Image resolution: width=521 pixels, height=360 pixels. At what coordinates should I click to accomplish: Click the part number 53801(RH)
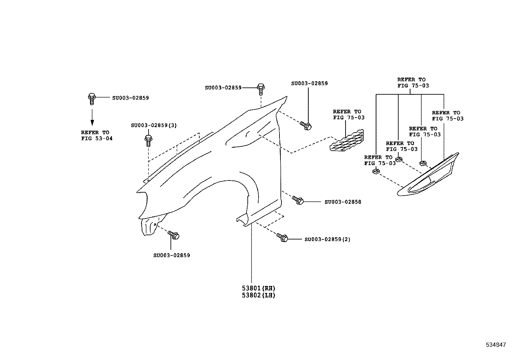click(259, 289)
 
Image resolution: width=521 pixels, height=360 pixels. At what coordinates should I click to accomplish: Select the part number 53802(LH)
click(259, 295)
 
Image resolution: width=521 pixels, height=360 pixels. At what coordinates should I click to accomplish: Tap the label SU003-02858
click(343, 202)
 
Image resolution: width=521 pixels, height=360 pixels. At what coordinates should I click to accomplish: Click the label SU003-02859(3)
click(154, 125)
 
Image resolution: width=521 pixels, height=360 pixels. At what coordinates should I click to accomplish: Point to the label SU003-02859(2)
click(327, 239)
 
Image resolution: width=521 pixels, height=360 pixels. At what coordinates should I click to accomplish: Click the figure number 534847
click(496, 345)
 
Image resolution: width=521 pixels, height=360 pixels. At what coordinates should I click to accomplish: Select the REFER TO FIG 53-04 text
click(97, 136)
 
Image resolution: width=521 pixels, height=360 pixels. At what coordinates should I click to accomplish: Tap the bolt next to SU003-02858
click(298, 200)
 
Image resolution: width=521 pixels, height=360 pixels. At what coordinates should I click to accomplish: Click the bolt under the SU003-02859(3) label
click(148, 141)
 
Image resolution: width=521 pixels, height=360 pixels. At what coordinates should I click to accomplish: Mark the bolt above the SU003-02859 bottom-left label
click(173, 235)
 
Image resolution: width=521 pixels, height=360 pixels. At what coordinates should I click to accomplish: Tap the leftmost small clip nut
click(376, 171)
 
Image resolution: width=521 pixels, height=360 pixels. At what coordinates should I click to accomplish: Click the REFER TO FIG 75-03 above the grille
click(349, 115)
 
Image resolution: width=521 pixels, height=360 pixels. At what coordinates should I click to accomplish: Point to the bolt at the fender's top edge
click(261, 88)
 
